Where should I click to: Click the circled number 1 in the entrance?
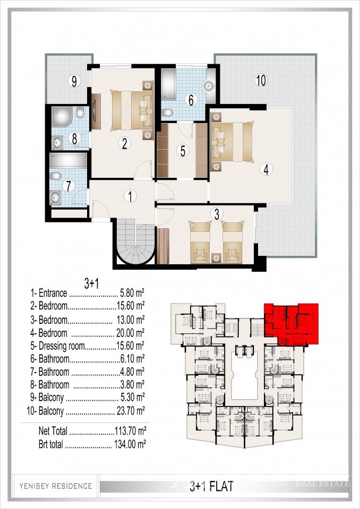(x=130, y=196)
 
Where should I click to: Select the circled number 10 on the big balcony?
(x=261, y=81)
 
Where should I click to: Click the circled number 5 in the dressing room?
(x=183, y=151)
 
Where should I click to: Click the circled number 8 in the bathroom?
(x=74, y=139)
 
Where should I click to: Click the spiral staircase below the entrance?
(x=135, y=244)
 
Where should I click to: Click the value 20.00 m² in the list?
(x=130, y=333)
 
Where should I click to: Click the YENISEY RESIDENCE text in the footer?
(x=56, y=486)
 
